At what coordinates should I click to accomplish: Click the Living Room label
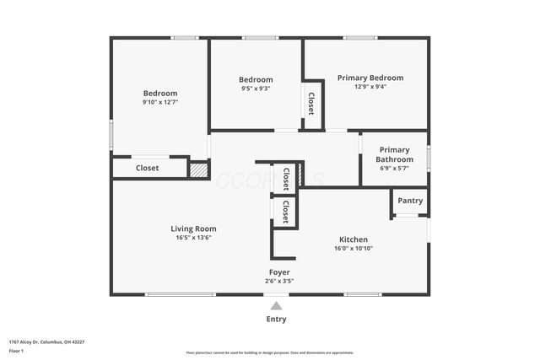tap(193, 228)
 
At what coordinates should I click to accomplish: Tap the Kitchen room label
tap(354, 239)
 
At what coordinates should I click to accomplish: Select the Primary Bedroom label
tap(370, 78)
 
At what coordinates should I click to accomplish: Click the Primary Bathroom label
tap(394, 154)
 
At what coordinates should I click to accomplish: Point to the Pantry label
tap(410, 201)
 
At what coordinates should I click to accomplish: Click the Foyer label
tap(279, 272)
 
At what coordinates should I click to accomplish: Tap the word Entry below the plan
tap(276, 320)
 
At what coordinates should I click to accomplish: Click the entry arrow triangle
tap(276, 305)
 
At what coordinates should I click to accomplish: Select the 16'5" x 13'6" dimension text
tap(193, 238)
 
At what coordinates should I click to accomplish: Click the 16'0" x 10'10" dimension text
tap(354, 249)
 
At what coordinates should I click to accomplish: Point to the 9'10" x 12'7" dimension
tap(160, 102)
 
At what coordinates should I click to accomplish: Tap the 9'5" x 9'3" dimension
tap(256, 89)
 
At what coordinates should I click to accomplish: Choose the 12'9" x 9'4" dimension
tap(370, 86)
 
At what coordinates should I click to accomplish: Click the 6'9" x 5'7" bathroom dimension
tap(394, 169)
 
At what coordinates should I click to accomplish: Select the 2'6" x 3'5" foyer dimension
tap(279, 282)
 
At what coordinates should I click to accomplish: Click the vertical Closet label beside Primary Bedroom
tap(311, 105)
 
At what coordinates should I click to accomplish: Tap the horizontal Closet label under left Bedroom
tap(148, 168)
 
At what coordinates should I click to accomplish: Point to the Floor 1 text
tap(16, 351)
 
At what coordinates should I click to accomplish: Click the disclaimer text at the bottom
tap(270, 352)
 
